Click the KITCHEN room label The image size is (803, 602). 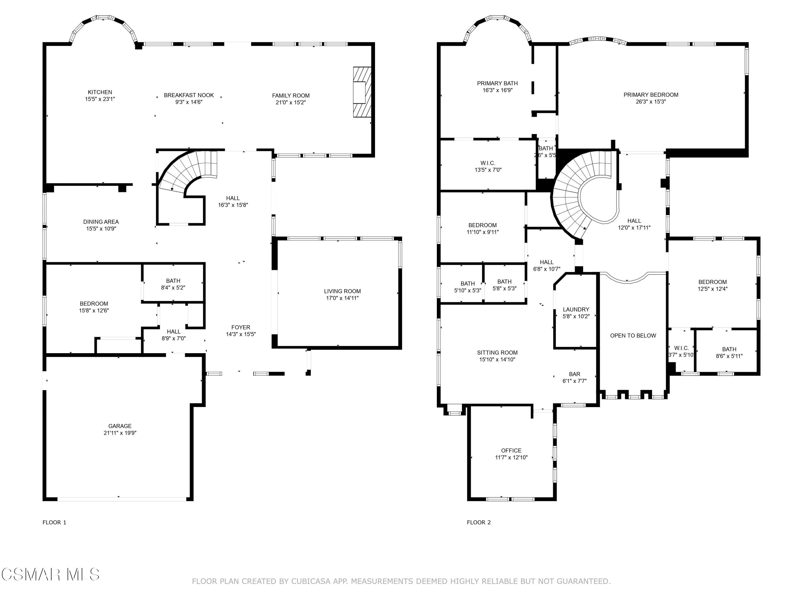[x=100, y=92]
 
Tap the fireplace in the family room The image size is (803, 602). [x=362, y=92]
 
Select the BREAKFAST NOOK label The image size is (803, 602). [x=189, y=95]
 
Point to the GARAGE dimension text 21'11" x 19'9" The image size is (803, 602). [x=120, y=433]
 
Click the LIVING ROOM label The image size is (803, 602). [x=342, y=291]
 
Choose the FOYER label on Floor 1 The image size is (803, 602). [x=241, y=327]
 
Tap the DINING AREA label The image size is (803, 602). [x=101, y=222]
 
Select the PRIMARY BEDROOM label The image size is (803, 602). [x=651, y=95]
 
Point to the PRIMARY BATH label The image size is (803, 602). [x=497, y=83]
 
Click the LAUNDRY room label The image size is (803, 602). [x=576, y=310]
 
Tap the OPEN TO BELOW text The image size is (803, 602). [x=633, y=336]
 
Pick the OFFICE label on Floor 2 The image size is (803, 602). [x=511, y=451]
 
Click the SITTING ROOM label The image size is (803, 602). [x=497, y=353]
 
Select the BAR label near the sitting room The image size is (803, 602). [x=574, y=374]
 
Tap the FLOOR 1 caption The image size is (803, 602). [x=54, y=523]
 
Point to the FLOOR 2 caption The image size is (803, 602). [x=479, y=523]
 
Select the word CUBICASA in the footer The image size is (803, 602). [x=311, y=581]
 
